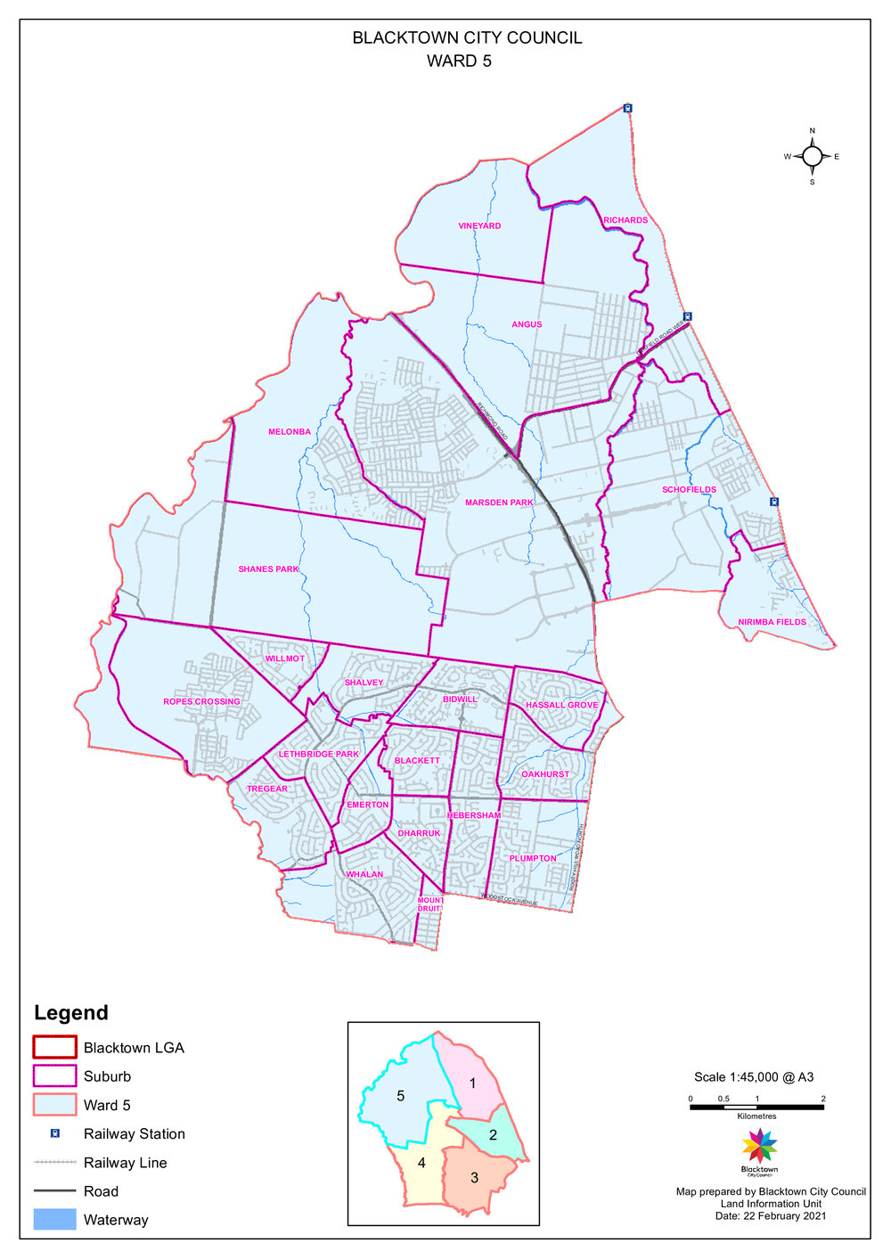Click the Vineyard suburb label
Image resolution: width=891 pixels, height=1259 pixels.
click(479, 226)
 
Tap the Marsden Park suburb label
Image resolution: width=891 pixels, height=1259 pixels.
click(499, 503)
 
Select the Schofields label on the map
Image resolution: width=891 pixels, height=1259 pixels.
click(689, 490)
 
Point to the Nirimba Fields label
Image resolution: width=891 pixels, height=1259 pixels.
click(772, 622)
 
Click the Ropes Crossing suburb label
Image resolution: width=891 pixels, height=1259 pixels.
click(201, 702)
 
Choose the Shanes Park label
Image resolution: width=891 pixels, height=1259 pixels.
click(268, 569)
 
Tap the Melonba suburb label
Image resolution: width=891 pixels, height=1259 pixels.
click(290, 432)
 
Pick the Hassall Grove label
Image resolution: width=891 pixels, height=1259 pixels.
click(561, 705)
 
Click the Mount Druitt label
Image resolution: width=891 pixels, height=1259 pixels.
click(430, 904)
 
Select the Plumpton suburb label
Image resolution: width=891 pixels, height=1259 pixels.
click(533, 859)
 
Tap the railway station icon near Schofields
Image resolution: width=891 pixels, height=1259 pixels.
click(774, 502)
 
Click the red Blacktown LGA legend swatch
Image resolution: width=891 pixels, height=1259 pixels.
click(54, 1047)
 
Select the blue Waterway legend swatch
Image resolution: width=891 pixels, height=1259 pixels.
click(54, 1220)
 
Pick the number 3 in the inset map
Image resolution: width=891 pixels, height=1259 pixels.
click(474, 1178)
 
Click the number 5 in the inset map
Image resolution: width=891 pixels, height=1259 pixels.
click(400, 1096)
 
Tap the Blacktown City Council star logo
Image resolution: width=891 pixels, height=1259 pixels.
click(759, 1145)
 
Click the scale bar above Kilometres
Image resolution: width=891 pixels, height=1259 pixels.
click(756, 1107)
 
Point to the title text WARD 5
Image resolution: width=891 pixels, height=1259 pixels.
click(459, 61)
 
